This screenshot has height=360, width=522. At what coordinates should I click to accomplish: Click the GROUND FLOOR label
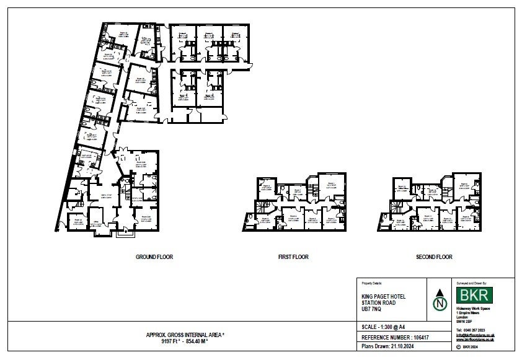tap(154, 257)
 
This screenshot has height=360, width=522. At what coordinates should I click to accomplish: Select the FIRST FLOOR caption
tap(293, 257)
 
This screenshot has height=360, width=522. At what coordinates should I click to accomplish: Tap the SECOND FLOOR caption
tap(435, 257)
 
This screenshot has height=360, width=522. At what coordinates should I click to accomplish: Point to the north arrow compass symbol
tap(440, 300)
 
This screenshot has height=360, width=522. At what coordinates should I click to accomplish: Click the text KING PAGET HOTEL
tap(384, 297)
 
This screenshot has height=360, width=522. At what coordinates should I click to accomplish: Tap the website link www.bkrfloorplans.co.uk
tap(475, 340)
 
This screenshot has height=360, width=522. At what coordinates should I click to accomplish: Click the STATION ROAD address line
tap(378, 303)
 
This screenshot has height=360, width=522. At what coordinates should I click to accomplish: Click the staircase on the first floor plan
tap(264, 206)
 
